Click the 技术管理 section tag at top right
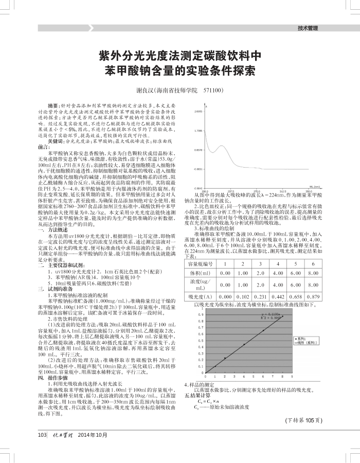pyautogui.click(x=308, y=28)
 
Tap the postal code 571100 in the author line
pyautogui.click(x=212, y=90)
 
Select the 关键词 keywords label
pyautogui.click(x=56, y=140)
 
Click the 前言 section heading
pyautogui.click(x=44, y=146)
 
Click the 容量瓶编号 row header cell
pyautogui.click(x=201, y=264)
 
